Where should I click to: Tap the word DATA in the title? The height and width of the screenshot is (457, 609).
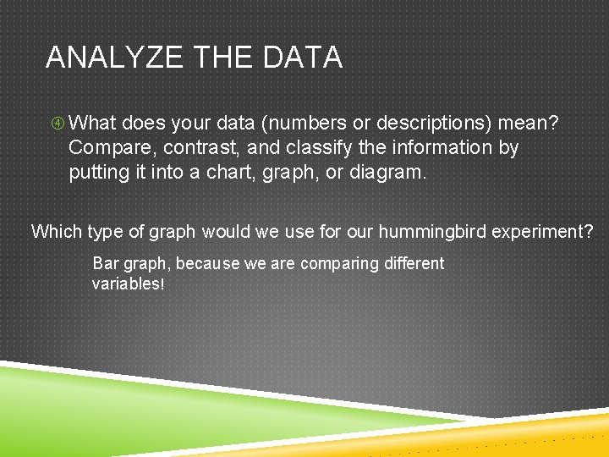point(302,58)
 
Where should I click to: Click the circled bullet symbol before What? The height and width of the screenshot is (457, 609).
point(57,124)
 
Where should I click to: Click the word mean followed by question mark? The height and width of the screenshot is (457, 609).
point(529,124)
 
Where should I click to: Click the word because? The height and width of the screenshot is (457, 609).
point(208,263)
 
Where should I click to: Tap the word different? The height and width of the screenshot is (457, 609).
point(414,263)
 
